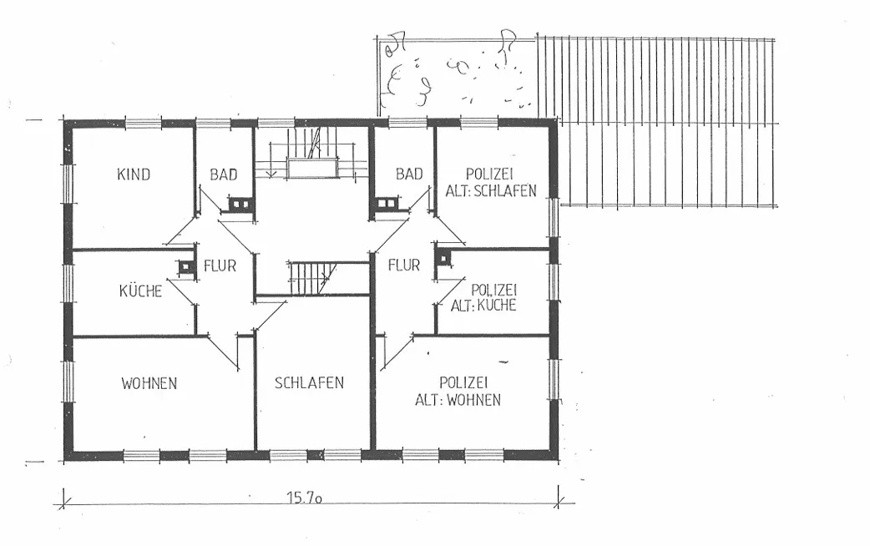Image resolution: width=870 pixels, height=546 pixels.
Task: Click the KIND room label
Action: click(134, 174)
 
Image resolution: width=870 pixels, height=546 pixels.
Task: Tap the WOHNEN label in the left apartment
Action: click(149, 383)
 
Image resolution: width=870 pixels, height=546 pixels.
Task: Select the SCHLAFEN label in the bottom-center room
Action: click(309, 383)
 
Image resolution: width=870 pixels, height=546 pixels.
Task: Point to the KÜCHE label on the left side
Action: click(140, 291)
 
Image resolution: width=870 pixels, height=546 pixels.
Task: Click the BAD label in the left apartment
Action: click(224, 174)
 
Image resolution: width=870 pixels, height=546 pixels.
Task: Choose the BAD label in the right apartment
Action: click(409, 174)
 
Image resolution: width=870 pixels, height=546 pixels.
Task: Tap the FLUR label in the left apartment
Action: click(220, 265)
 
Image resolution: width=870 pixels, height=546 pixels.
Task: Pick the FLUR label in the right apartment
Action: click(404, 265)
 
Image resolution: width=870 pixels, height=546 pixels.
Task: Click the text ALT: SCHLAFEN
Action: click(491, 191)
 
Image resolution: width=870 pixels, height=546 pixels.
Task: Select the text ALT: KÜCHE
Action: click(483, 306)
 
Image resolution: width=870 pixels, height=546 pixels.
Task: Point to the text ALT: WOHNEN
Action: click(458, 400)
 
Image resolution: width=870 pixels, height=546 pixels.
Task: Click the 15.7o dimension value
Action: click(305, 498)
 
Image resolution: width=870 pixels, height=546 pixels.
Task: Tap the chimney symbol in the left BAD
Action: click(240, 205)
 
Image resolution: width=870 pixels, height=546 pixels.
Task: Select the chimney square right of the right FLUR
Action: click(444, 259)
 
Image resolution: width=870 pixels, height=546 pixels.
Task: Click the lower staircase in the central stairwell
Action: click(312, 278)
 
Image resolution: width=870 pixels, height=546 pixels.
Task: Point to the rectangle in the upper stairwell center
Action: click(312, 168)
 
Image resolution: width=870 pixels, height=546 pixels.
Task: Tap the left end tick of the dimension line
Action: click(63, 498)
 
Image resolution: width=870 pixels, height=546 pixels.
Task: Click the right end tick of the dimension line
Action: click(559, 498)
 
